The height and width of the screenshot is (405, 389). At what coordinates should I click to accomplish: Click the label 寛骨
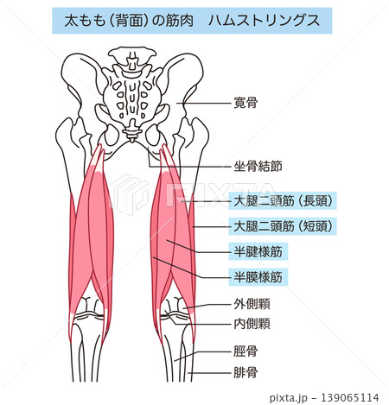(246, 103)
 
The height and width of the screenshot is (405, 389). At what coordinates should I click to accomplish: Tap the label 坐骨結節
(258, 167)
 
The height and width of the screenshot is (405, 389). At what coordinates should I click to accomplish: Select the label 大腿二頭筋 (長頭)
(283, 200)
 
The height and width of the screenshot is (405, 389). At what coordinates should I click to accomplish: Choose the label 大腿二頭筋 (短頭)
(283, 226)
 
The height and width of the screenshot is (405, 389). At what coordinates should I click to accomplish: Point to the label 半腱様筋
(258, 252)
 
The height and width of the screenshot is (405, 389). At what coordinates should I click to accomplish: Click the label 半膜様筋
(258, 277)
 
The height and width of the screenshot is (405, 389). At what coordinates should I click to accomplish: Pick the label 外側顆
(252, 304)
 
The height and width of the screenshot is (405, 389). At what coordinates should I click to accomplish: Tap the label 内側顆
(252, 324)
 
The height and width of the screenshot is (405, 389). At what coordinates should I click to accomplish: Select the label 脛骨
(246, 351)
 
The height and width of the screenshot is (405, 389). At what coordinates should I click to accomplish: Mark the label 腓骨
(246, 373)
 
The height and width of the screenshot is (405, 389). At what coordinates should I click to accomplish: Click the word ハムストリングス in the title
(264, 21)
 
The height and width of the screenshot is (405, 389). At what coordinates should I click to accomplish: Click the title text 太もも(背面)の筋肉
(129, 21)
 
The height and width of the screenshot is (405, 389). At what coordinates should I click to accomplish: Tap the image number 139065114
(349, 397)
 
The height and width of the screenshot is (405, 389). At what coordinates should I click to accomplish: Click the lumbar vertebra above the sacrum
(132, 57)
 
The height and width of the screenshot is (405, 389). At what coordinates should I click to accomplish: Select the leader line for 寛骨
(204, 103)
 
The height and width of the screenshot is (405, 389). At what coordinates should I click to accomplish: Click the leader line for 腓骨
(210, 373)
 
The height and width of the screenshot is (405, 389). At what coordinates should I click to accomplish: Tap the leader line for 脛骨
(203, 356)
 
